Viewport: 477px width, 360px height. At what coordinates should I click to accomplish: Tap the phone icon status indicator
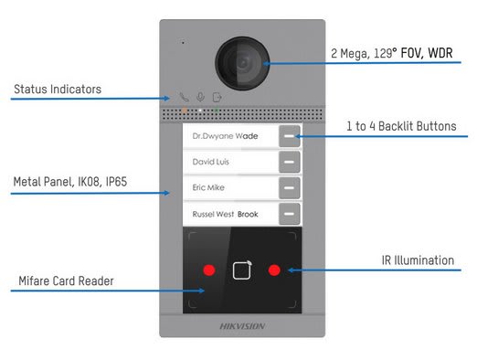tap(184, 97)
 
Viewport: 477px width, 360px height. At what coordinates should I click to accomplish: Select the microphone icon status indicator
tap(200, 97)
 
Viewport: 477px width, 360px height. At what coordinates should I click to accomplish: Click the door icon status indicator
tap(217, 97)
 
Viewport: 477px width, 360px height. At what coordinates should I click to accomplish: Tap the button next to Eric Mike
tap(289, 188)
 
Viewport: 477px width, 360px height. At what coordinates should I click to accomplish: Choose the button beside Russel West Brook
tap(289, 214)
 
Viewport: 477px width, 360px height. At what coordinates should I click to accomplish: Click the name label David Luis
tap(210, 162)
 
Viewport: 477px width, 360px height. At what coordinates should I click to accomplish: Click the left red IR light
tap(208, 270)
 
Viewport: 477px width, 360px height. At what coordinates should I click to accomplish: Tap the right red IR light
tap(274, 270)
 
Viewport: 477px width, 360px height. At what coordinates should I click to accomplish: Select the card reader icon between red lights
tap(241, 270)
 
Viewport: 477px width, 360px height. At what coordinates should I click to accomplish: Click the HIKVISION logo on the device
tap(241, 325)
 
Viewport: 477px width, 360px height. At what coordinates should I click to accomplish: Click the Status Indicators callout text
tap(57, 90)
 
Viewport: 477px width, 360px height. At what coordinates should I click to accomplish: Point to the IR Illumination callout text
tap(417, 260)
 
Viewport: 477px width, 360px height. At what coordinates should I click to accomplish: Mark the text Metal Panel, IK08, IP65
tap(70, 183)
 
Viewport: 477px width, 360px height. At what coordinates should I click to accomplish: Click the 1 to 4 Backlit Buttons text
tap(401, 126)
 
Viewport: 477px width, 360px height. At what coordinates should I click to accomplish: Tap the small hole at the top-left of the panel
tap(182, 42)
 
